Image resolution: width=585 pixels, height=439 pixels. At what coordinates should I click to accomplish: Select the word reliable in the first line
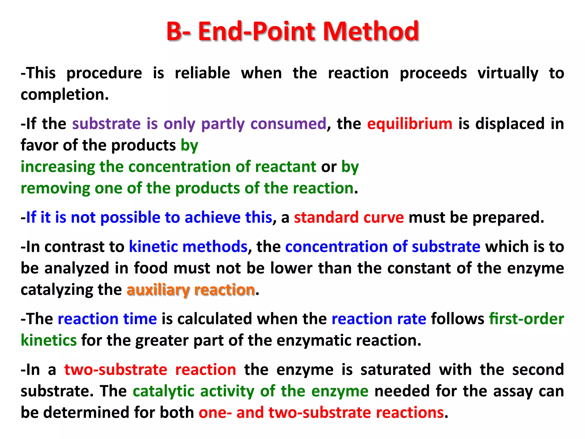click(x=202, y=73)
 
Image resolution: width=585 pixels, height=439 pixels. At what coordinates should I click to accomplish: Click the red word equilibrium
click(x=410, y=124)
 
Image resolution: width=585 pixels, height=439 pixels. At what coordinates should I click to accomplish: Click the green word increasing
click(x=58, y=167)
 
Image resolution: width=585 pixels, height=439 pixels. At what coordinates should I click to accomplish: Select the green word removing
click(x=55, y=188)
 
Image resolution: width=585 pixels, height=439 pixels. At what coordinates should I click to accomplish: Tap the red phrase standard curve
click(x=349, y=217)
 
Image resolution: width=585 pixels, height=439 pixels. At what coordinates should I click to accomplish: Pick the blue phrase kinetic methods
click(x=188, y=247)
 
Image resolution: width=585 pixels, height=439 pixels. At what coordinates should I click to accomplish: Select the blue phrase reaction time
click(x=107, y=319)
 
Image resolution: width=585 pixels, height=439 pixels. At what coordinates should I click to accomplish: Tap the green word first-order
click(x=526, y=319)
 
